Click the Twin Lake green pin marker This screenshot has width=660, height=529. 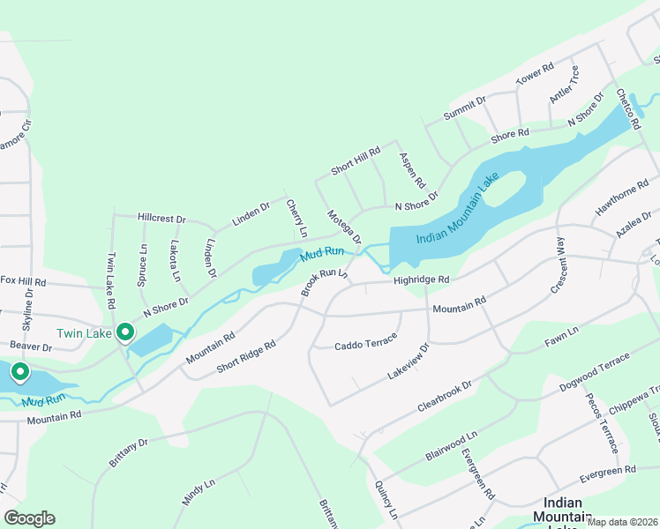(x=125, y=332)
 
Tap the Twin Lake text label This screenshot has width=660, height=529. (x=84, y=333)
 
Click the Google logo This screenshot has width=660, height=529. (x=29, y=518)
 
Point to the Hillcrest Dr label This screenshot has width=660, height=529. (x=162, y=218)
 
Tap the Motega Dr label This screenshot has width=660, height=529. (x=344, y=227)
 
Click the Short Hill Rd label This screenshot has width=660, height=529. (x=355, y=159)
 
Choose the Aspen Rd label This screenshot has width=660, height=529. (x=412, y=171)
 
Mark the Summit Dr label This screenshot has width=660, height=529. (x=465, y=109)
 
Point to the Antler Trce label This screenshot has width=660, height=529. (x=564, y=85)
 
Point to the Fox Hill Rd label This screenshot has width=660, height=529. (x=22, y=281)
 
